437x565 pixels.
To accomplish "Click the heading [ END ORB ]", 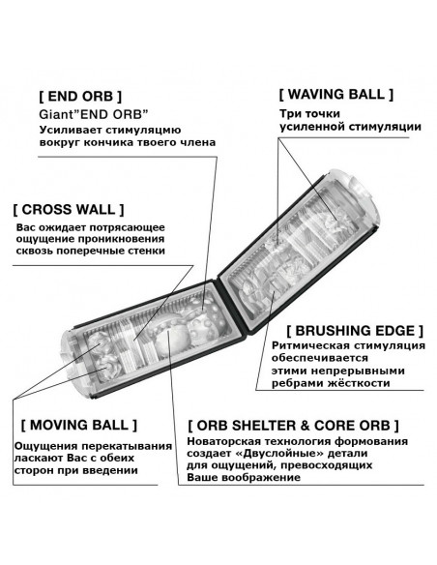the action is pos(80,97).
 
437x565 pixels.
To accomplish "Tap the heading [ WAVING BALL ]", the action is pos(335,95).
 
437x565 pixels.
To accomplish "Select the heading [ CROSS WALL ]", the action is pos(69,210).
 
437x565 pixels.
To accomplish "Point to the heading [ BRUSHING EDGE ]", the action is pos(355,331).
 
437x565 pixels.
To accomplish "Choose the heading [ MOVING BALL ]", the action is pos(79,425).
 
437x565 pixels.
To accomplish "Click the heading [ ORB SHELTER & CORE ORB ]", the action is pos(293,426).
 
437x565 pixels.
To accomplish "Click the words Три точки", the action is pos(309,114).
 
